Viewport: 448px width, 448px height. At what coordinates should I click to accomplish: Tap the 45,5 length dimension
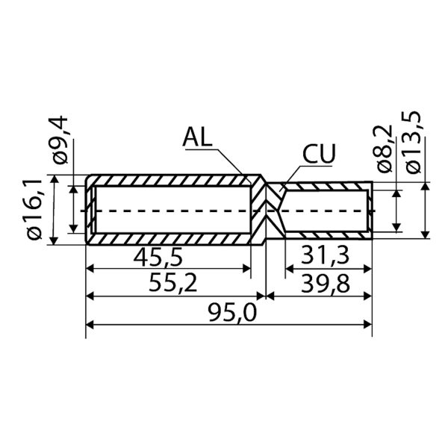pyautogui.click(x=158, y=256)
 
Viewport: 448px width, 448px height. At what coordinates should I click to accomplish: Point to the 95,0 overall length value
pyautogui.click(x=232, y=312)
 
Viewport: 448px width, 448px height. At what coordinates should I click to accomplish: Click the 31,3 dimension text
pyautogui.click(x=325, y=255)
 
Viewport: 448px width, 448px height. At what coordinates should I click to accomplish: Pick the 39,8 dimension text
pyautogui.click(x=326, y=284)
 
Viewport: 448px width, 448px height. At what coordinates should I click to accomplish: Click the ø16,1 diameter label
pyautogui.click(x=35, y=209)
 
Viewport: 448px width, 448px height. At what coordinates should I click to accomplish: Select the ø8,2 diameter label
pyautogui.click(x=384, y=149)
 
